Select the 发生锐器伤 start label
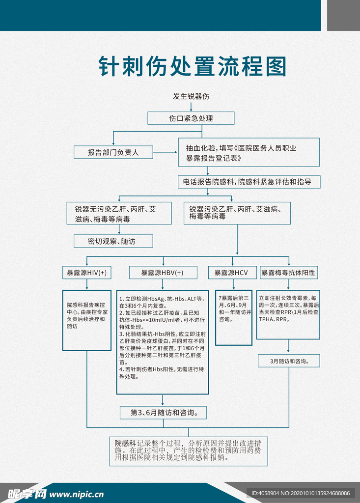[x=191, y=96]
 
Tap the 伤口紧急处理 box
[x=191, y=118]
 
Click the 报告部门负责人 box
[x=113, y=152]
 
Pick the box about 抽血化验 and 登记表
[x=249, y=153]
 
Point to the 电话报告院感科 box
[x=249, y=182]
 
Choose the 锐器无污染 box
[x=119, y=214]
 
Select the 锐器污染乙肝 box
[x=237, y=213]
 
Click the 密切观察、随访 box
[x=113, y=241]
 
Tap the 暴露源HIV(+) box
[x=86, y=273]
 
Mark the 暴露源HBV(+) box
[x=163, y=273]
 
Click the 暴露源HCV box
[x=231, y=273]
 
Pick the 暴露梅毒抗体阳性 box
[x=288, y=273]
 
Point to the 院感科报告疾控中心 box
[x=86, y=319]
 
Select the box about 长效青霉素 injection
[x=288, y=314]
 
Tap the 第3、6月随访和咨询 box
[x=164, y=413]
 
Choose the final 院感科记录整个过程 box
[x=189, y=450]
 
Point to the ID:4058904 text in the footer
[x=301, y=493]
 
